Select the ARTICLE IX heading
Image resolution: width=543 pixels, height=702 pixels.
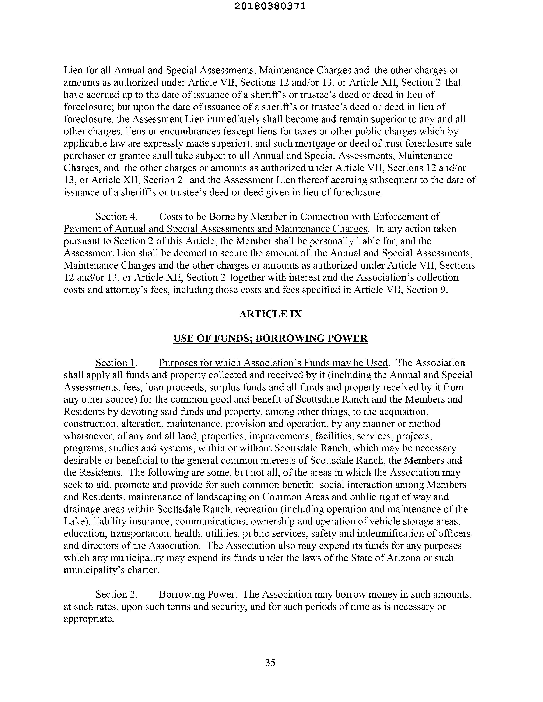point(270,314)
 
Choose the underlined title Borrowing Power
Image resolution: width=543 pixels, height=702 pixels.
point(197,594)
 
